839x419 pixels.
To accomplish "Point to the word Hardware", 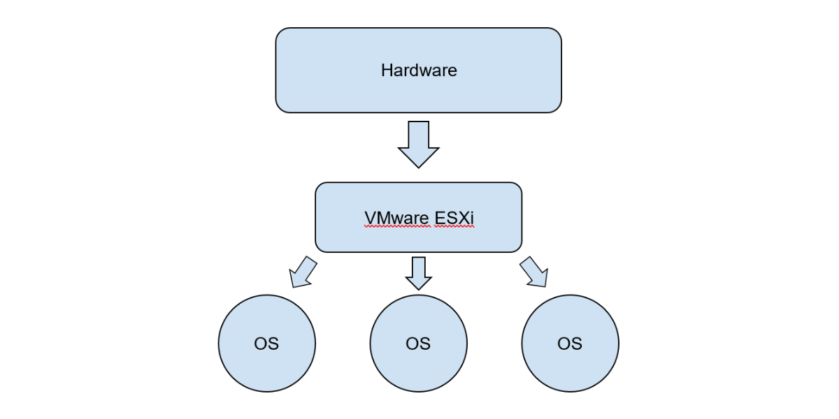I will (419, 71).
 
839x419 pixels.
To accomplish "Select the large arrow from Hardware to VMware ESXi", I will (418, 144).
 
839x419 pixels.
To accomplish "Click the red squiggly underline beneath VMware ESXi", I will (419, 227).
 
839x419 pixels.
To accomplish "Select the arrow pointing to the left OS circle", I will (302, 272).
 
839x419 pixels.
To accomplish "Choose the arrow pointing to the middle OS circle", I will (419, 273).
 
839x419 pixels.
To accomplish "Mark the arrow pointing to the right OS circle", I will (533, 272).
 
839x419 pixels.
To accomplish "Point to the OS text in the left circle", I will (266, 344).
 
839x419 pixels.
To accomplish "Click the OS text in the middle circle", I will (418, 344).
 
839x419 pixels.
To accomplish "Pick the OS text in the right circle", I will (570, 344).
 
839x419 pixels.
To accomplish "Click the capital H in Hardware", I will (386, 71).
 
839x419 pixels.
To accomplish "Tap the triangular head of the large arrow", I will (418, 157).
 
